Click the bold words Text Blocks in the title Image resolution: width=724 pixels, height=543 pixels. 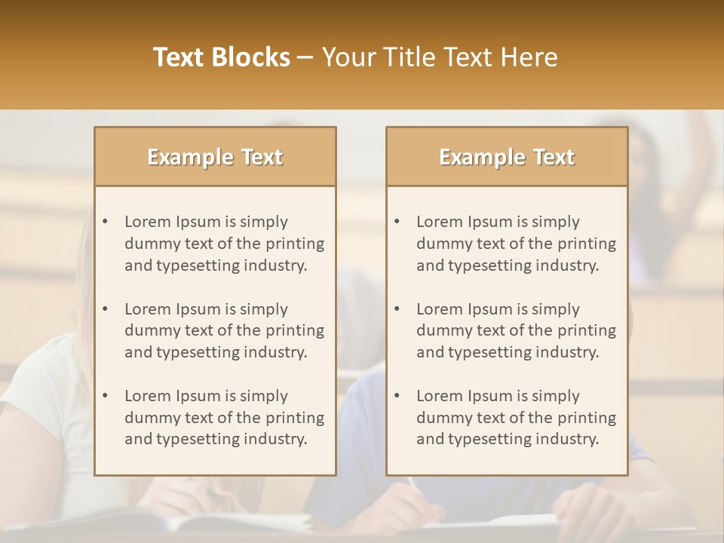(x=222, y=57)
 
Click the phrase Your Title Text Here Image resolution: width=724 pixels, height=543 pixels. (x=440, y=57)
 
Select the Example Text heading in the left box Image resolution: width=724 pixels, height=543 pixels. (x=215, y=157)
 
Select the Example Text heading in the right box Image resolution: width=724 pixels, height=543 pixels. (x=507, y=157)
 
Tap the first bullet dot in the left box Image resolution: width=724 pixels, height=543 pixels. (x=106, y=222)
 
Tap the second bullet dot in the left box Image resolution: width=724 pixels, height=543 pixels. (x=106, y=309)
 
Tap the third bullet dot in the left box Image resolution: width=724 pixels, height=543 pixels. (x=106, y=396)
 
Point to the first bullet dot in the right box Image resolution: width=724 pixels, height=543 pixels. (x=397, y=222)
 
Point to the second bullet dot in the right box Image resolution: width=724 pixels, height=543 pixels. (x=397, y=309)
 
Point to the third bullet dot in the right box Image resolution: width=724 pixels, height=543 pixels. (x=397, y=396)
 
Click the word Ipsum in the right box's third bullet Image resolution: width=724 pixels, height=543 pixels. (x=490, y=396)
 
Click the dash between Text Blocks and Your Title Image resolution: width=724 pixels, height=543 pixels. (x=305, y=57)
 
